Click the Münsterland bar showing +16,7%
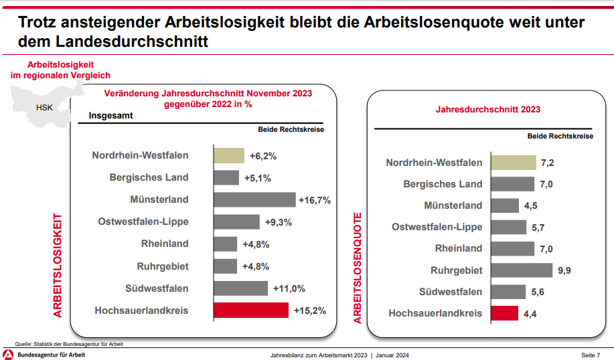[x=254, y=199]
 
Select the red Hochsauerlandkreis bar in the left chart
[x=251, y=310]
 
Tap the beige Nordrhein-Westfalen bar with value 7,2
[x=514, y=163]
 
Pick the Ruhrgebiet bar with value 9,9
[x=522, y=270]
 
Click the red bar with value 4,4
[x=504, y=313]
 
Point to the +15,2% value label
[x=310, y=310]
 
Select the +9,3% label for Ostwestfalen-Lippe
[x=279, y=222]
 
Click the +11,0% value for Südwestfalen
[x=289, y=288]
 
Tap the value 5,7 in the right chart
[x=538, y=228]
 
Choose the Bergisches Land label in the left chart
[x=149, y=177]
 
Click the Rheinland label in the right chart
[x=458, y=248]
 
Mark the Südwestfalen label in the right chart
[x=450, y=292]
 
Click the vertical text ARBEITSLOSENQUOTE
[x=358, y=268]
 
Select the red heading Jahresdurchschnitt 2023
[x=488, y=109]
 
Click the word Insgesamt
[x=110, y=115]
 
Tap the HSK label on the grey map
[x=44, y=107]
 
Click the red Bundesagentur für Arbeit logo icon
[x=8, y=355]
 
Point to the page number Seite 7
[x=590, y=355]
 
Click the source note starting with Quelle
[x=69, y=344]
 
